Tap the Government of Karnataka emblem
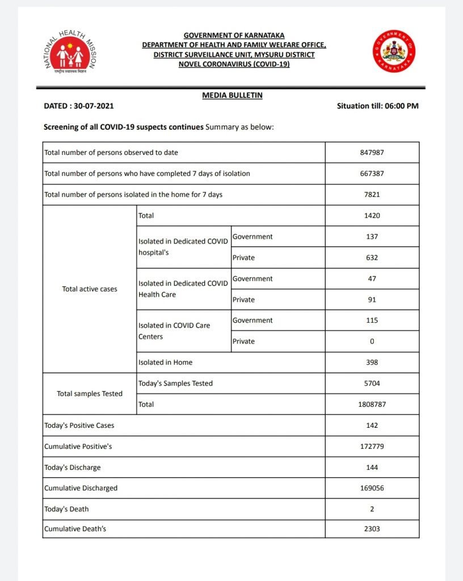click(394, 52)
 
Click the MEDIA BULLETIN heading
click(232, 95)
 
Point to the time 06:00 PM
click(400, 106)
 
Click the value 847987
click(372, 153)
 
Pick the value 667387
click(372, 174)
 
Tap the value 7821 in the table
click(372, 195)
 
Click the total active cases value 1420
click(372, 216)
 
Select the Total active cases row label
click(90, 289)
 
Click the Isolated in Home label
click(165, 363)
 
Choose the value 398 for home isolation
click(372, 363)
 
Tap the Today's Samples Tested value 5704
click(372, 384)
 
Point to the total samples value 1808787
click(372, 405)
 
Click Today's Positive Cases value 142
click(372, 426)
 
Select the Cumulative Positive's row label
click(78, 447)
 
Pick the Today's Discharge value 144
click(372, 468)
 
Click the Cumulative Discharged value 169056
click(372, 488)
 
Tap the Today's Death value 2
click(372, 509)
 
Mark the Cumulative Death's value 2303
click(372, 529)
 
